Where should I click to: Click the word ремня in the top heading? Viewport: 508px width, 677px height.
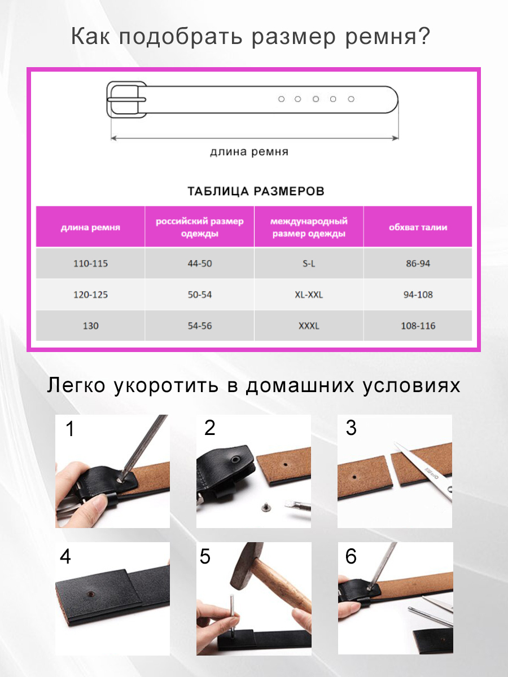[387, 37]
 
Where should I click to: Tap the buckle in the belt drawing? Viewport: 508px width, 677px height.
[126, 100]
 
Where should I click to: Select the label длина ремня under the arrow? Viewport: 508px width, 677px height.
[249, 152]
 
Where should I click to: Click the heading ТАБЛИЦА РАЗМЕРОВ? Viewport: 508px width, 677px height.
[256, 191]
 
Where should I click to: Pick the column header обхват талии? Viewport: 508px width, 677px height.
[418, 227]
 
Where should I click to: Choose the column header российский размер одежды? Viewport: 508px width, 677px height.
[200, 227]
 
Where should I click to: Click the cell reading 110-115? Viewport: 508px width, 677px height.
[90, 263]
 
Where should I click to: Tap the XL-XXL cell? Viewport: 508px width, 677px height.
[309, 294]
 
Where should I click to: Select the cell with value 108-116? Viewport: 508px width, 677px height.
[418, 326]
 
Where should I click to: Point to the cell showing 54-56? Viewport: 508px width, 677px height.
[200, 326]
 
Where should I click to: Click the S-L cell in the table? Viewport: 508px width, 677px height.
[309, 263]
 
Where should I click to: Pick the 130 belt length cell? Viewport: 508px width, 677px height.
[90, 326]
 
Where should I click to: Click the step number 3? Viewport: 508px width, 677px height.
[351, 428]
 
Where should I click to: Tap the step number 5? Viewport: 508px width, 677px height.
[205, 557]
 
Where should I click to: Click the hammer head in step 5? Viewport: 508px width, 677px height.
[247, 564]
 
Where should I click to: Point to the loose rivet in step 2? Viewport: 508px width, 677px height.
[265, 507]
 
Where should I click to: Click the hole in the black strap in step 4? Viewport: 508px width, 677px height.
[91, 594]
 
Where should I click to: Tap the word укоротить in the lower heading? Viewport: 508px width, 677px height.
[166, 386]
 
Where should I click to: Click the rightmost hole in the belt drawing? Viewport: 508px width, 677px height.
[351, 99]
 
